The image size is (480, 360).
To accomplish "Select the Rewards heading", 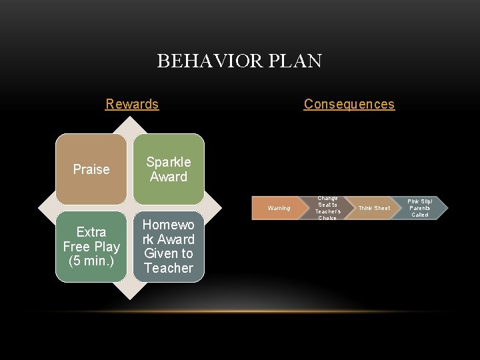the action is [132, 104].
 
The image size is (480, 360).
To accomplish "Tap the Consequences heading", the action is [349, 104].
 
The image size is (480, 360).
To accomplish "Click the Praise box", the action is [91, 169].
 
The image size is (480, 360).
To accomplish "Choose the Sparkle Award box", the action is [169, 169].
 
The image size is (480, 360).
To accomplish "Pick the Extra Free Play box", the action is [91, 247].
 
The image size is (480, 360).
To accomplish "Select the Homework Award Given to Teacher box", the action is [169, 247].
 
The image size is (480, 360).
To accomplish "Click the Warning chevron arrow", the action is [279, 208].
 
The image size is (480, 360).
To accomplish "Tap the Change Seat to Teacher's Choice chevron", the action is [327, 208].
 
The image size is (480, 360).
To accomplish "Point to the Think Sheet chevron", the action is [374, 208].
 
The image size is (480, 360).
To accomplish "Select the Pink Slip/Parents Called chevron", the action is [420, 208].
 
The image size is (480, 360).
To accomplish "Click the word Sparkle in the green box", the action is [169, 162].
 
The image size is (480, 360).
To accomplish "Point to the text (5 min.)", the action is [91, 261].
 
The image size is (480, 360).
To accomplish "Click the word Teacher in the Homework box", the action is [169, 268].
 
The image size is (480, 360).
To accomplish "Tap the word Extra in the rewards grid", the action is [91, 232].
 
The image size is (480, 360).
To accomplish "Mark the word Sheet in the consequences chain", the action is [382, 208].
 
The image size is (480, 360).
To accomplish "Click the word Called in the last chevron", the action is [420, 215].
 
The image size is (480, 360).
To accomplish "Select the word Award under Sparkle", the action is [169, 177].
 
